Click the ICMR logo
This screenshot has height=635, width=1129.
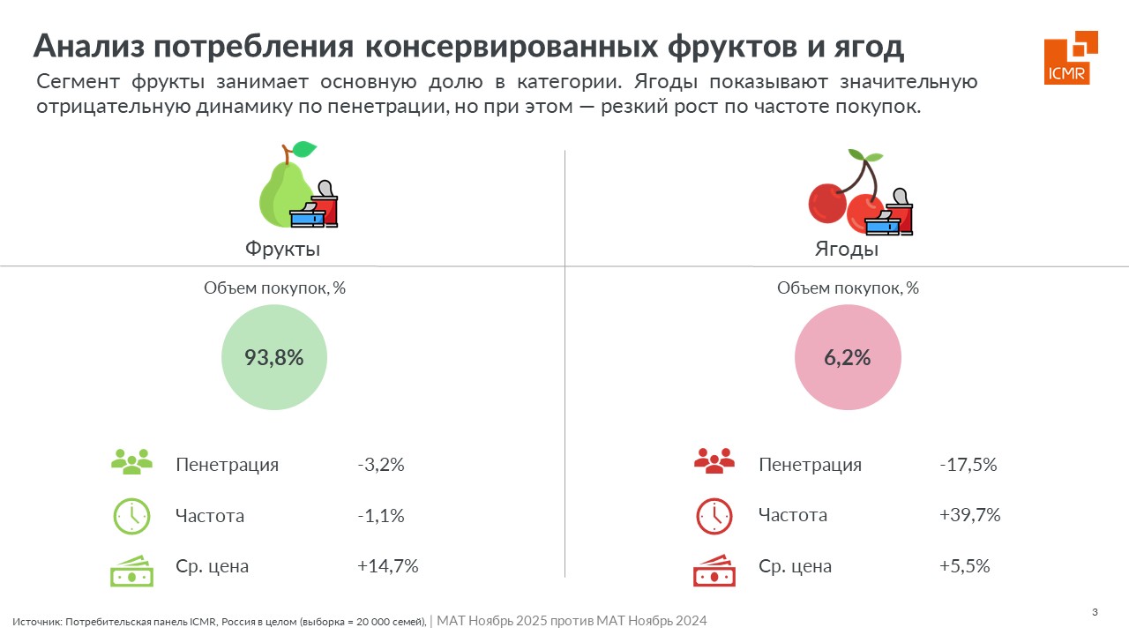(x=1070, y=58)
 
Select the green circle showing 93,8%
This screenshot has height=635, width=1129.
(x=274, y=357)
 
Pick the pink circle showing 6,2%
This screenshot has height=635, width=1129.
(x=848, y=357)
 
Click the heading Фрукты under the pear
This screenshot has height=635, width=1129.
(x=282, y=249)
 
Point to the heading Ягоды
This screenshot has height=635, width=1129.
(x=846, y=249)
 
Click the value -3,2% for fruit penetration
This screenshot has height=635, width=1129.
(x=381, y=465)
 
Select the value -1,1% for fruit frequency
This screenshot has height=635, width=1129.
(x=381, y=516)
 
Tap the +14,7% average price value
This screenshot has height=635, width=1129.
(x=387, y=566)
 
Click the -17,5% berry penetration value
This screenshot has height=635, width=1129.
(x=968, y=465)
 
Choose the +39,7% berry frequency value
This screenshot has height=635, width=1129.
(x=970, y=516)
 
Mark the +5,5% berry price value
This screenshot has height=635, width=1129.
(x=965, y=566)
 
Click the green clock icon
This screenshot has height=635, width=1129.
(x=131, y=517)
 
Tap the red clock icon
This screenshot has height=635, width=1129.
(x=714, y=517)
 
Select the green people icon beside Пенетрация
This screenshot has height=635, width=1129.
(x=131, y=461)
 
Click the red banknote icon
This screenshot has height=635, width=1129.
(x=714, y=571)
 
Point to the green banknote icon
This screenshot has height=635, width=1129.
(x=131, y=571)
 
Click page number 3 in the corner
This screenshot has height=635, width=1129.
(x=1095, y=613)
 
